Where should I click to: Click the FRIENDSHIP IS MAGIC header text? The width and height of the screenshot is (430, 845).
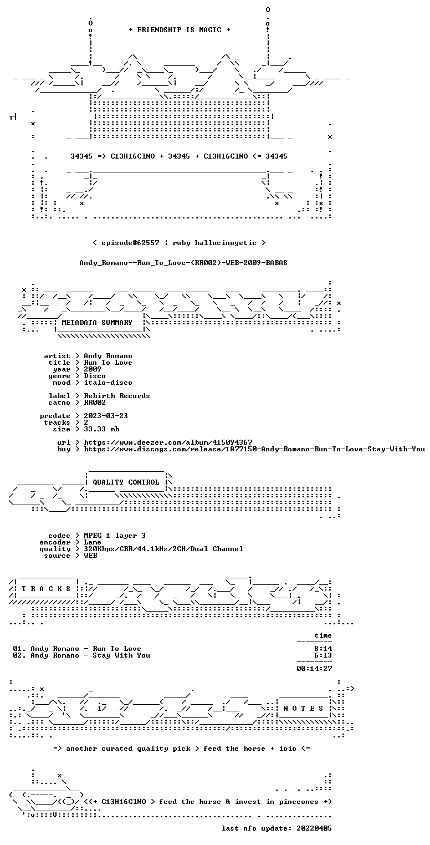pyautogui.click(x=180, y=30)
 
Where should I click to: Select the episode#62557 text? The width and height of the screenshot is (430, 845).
pyautogui.click(x=130, y=243)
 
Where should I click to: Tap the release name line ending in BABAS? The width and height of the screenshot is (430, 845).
pyautogui.click(x=183, y=263)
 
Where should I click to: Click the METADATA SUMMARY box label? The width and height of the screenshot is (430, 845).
pyautogui.click(x=97, y=323)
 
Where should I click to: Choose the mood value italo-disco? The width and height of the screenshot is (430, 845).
pyautogui.click(x=108, y=383)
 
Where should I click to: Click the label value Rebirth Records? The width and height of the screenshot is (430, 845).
pyautogui.click(x=117, y=396)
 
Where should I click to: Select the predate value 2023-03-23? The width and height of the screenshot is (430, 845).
pyautogui.click(x=106, y=416)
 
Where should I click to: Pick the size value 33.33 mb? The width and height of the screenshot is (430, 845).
pyautogui.click(x=101, y=429)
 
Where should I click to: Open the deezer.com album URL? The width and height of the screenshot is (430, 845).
pyautogui.click(x=168, y=442)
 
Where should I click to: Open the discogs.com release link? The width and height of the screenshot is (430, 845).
pyautogui.click(x=254, y=449)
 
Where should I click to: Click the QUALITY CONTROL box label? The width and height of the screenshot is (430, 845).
pyautogui.click(x=126, y=482)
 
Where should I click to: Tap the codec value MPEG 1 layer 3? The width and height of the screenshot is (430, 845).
pyautogui.click(x=115, y=536)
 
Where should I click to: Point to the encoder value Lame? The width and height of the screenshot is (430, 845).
pyautogui.click(x=93, y=542)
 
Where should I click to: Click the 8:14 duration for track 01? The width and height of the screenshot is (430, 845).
pyautogui.click(x=323, y=649)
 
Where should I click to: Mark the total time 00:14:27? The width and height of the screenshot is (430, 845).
pyautogui.click(x=314, y=669)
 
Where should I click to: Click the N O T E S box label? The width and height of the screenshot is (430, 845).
pyautogui.click(x=303, y=709)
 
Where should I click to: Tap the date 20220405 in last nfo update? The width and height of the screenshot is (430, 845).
pyautogui.click(x=314, y=828)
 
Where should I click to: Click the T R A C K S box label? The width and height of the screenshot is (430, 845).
pyautogui.click(x=46, y=589)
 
